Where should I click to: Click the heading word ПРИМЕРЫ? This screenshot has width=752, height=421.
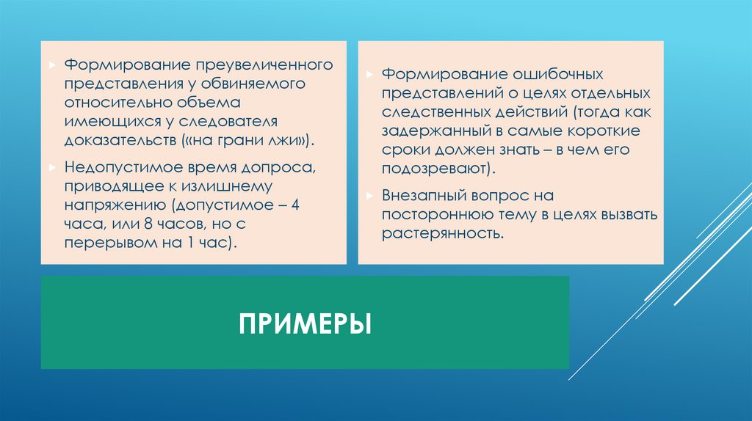tap(303, 323)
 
